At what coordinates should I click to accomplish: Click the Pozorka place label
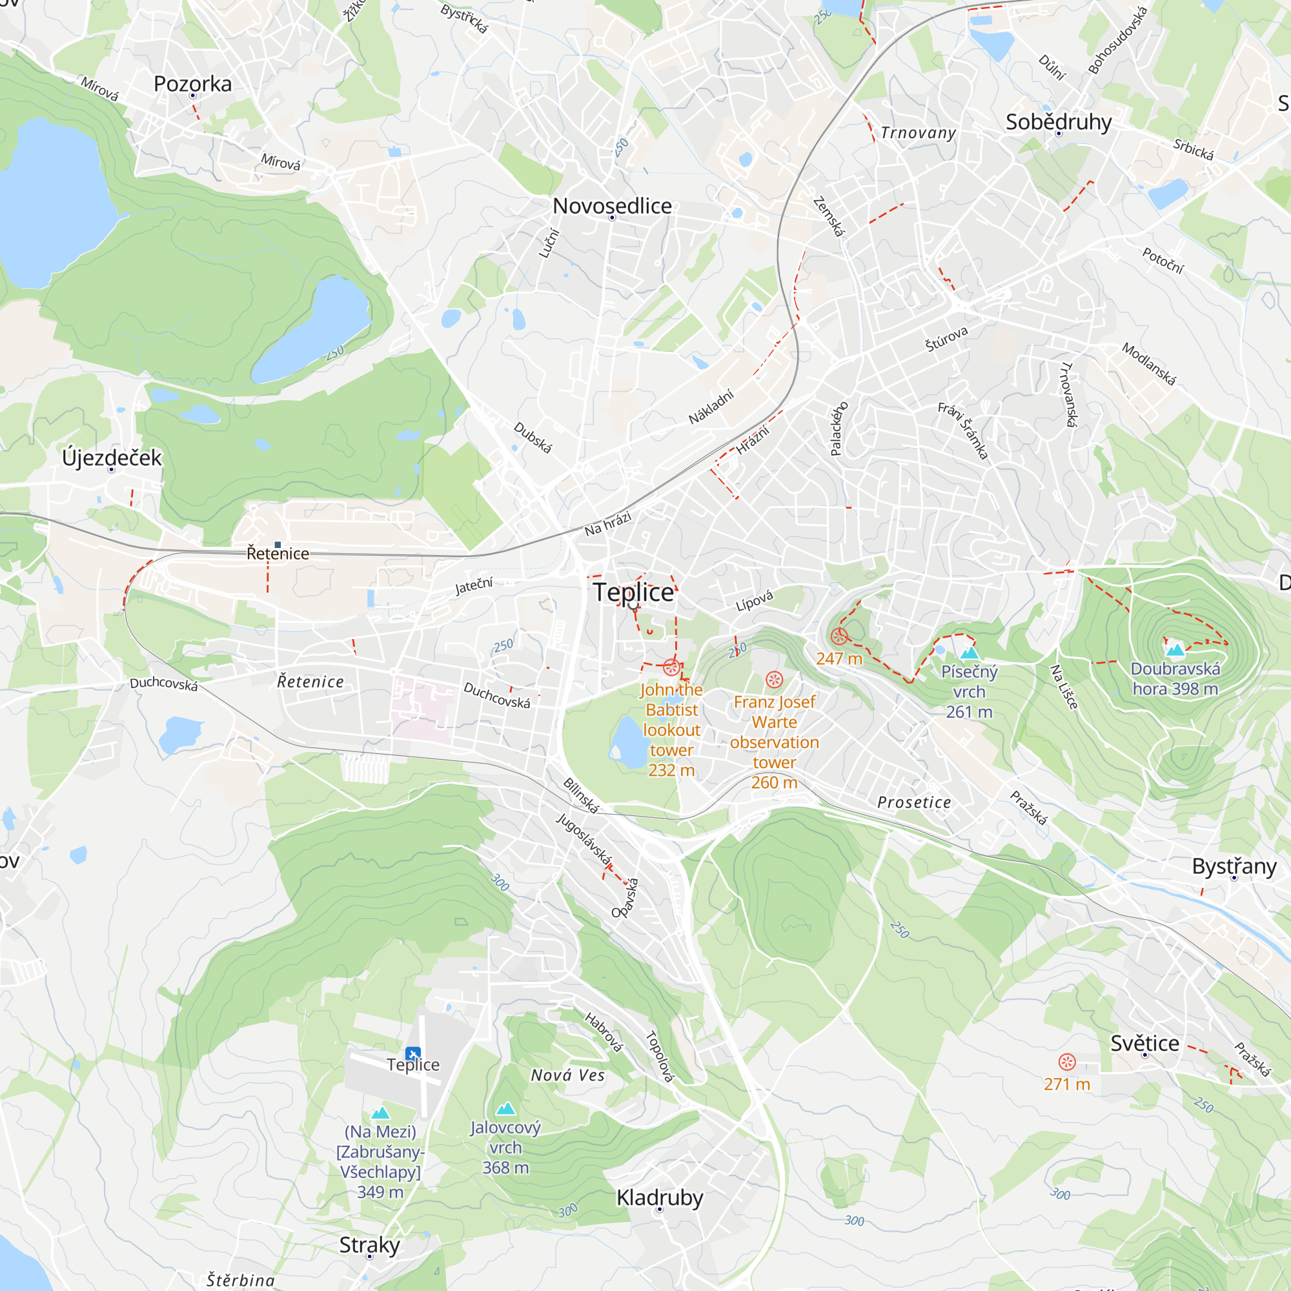[192, 83]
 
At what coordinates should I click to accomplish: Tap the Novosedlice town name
[612, 206]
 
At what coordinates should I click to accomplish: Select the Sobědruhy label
[1059, 122]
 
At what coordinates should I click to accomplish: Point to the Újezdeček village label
[112, 458]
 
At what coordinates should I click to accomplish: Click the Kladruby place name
[660, 1197]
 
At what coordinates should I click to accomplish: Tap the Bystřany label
[1234, 867]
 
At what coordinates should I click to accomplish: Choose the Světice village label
[1144, 1043]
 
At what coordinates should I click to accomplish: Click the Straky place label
[369, 1245]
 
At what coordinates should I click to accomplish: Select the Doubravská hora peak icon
[1175, 649]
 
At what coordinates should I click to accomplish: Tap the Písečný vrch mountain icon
[969, 652]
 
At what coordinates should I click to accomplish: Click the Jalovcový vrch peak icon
[506, 1108]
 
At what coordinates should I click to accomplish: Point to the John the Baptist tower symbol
[671, 667]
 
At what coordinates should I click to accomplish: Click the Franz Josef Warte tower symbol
[774, 680]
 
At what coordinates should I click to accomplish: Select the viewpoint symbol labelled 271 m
[1067, 1062]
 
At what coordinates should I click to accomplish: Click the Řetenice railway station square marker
[278, 545]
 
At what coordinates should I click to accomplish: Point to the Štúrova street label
[946, 340]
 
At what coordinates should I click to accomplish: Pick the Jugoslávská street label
[584, 839]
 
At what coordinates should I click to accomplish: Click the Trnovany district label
[918, 133]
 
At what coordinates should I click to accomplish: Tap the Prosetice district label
[914, 802]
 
